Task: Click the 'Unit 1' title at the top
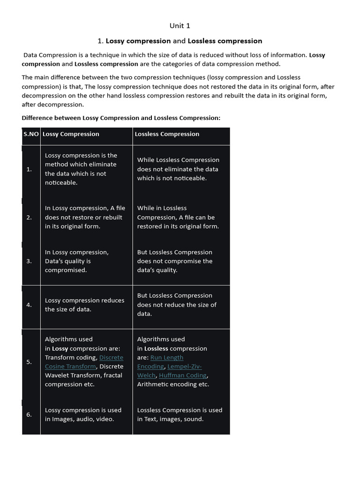[x=180, y=26]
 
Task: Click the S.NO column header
[x=31, y=134]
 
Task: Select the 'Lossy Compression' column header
[x=71, y=134]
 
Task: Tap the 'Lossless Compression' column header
[x=167, y=134]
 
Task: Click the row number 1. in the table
[x=29, y=169]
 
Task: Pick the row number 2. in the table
[x=29, y=217]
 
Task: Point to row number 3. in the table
[x=29, y=261]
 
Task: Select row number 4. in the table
[x=29, y=305]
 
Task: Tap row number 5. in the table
[x=29, y=362]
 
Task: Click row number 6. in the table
[x=29, y=415]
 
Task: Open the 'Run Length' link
[x=167, y=358]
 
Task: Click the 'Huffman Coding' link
[x=183, y=375]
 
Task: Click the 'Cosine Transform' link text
[x=70, y=367]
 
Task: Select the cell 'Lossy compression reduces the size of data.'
[x=84, y=305]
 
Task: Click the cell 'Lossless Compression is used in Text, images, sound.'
[x=180, y=415]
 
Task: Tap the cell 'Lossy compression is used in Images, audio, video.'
[x=83, y=415]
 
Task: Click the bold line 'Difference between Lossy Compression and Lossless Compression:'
[x=121, y=118]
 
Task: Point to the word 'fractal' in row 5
[x=112, y=375]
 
